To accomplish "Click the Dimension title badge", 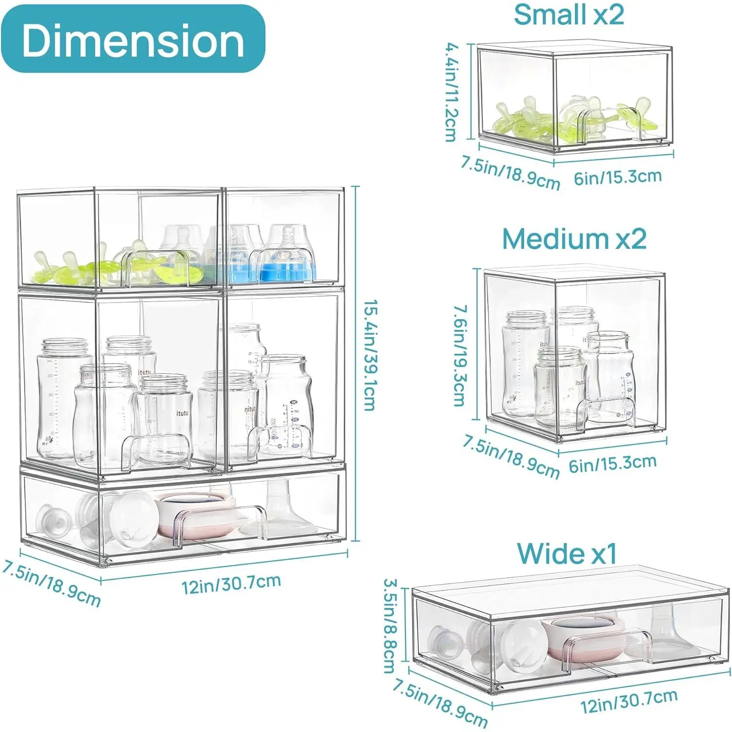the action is coord(133,39).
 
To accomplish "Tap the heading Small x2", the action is coord(569,14).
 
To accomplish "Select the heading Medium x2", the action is coord(574,239).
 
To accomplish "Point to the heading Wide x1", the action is coord(567,554).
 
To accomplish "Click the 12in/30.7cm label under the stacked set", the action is coord(231,583).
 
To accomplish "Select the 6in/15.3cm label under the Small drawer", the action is coord(617,177).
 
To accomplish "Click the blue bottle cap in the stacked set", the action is coord(285,272).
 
